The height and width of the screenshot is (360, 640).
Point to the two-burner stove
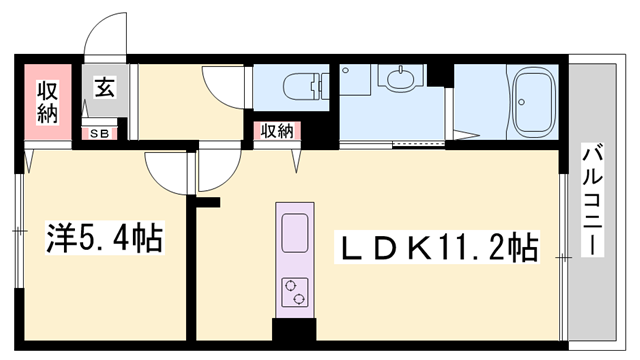pyautogui.click(x=295, y=291)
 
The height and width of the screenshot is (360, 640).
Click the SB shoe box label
pyautogui.click(x=100, y=133)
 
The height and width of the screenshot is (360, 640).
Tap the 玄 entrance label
pyautogui.click(x=104, y=88)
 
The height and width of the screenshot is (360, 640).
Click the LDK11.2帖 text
pyautogui.click(x=438, y=246)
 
